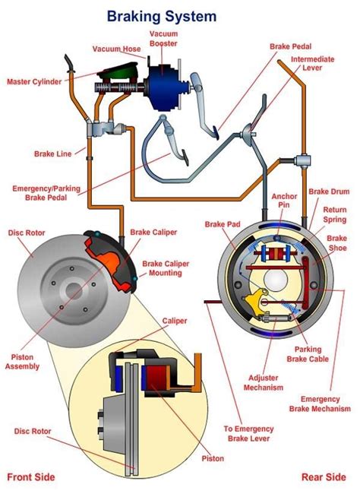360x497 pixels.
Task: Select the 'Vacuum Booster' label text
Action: pos(163,39)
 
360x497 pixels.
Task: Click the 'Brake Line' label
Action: pos(53,154)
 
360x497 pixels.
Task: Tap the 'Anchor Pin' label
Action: pos(284,201)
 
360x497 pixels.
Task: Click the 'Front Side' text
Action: pos(30,477)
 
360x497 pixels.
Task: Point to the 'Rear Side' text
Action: pos(324,477)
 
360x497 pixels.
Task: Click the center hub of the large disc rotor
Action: pos(74,290)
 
